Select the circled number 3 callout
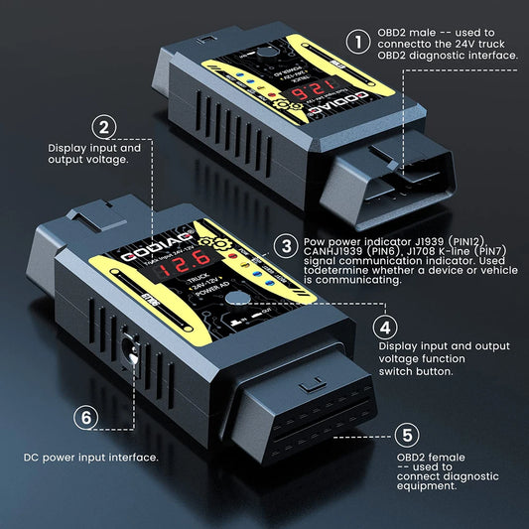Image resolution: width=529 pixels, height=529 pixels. coord(286,245)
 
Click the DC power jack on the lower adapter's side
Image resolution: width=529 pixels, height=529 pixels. coord(130,350)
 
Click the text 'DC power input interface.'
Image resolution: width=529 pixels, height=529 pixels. coord(90,458)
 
